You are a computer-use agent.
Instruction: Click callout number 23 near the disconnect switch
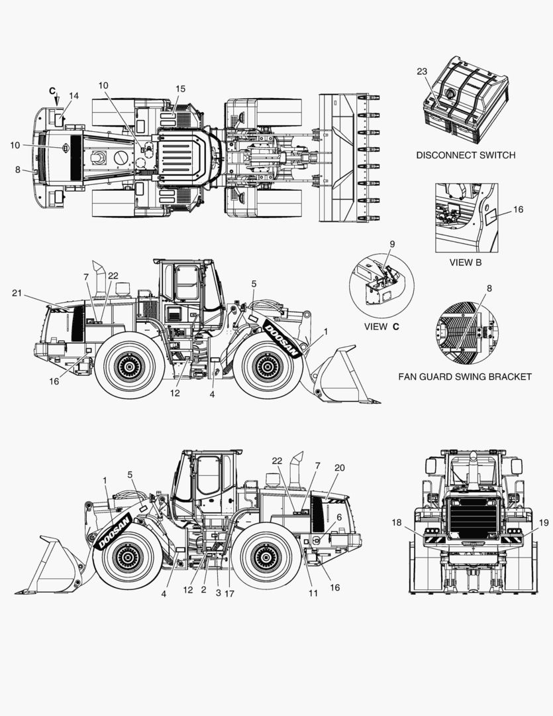(423, 71)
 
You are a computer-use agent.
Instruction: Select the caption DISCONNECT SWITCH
(465, 155)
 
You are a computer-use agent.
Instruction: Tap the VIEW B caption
(466, 263)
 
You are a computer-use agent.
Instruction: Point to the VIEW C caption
(381, 327)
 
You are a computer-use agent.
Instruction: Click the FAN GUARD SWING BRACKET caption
(464, 377)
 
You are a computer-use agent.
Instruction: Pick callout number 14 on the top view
(74, 96)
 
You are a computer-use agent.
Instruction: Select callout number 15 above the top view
(181, 89)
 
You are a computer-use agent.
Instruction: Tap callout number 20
(339, 467)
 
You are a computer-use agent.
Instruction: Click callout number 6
(339, 517)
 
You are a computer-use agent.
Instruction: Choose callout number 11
(313, 593)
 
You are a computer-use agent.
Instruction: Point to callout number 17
(230, 593)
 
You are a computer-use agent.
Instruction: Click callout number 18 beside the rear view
(396, 523)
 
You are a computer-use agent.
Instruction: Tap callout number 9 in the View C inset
(391, 244)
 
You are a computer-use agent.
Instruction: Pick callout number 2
(203, 589)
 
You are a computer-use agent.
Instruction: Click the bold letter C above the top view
(52, 90)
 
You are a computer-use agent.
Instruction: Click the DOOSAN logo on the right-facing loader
(283, 339)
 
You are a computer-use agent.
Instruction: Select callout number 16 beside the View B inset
(518, 209)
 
